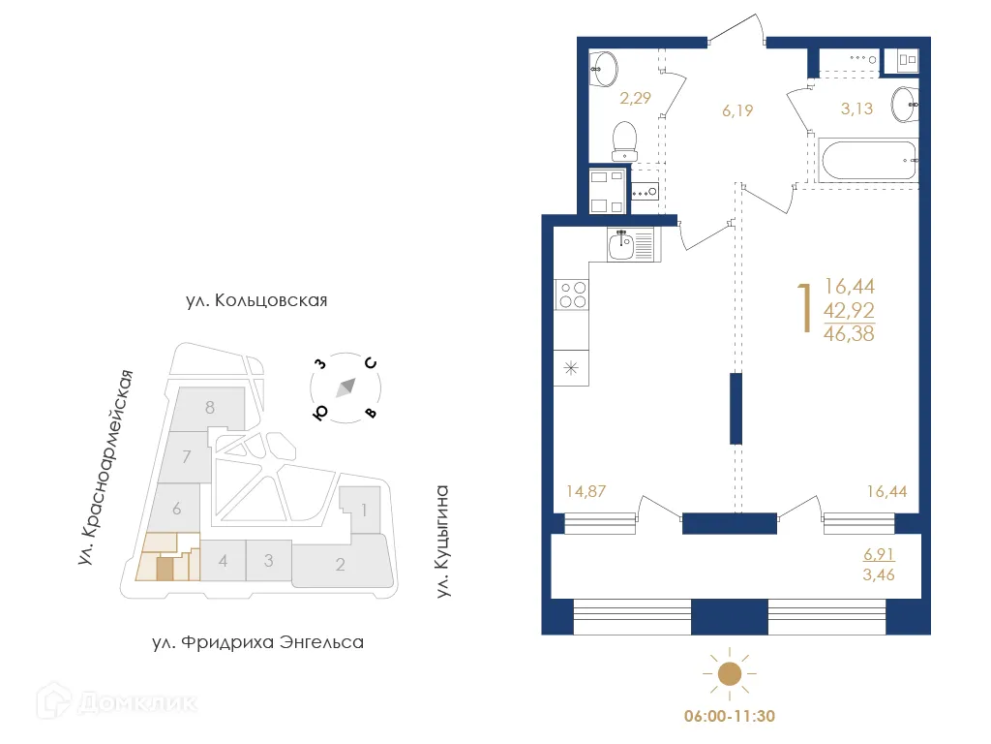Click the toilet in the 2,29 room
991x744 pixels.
click(x=625, y=140)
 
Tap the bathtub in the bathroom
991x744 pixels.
click(x=867, y=160)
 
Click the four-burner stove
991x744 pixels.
click(x=572, y=293)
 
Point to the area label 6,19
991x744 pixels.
click(x=737, y=110)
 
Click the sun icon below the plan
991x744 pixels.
click(x=729, y=673)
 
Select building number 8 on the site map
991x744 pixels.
click(x=209, y=407)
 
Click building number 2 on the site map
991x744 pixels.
click(x=341, y=565)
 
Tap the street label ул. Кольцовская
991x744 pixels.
click(x=256, y=300)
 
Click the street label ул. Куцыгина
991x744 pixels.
click(x=444, y=541)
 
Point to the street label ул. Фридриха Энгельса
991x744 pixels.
click(x=258, y=641)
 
